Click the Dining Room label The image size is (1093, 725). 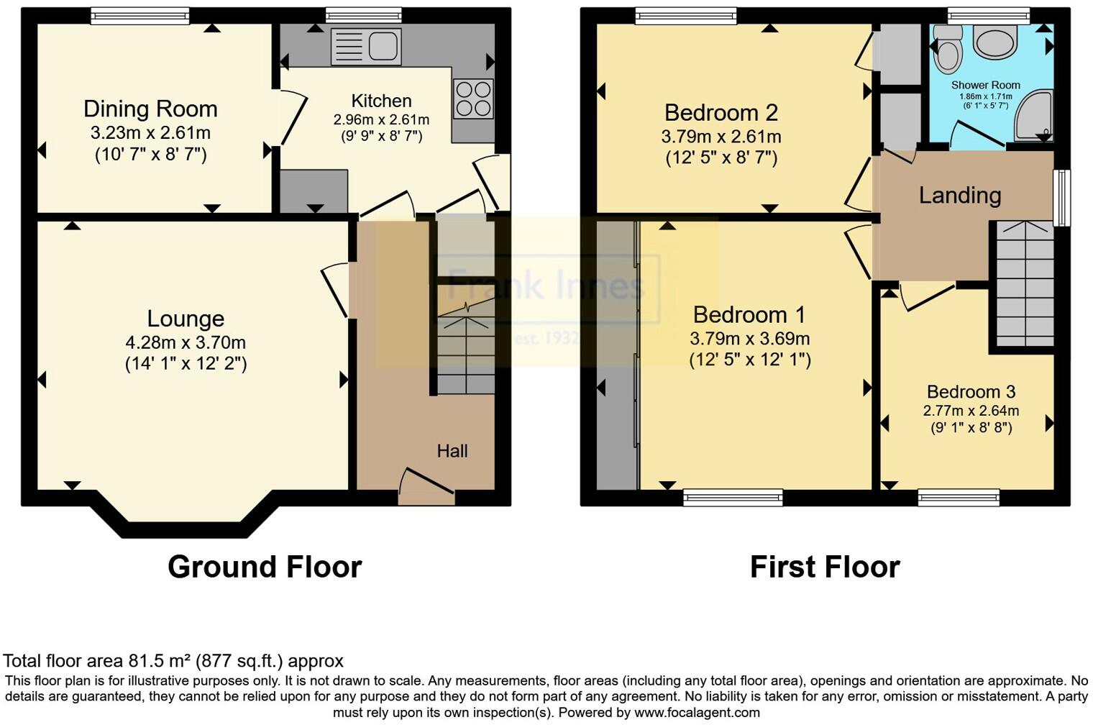point(150,109)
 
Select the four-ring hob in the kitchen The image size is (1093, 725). point(473,99)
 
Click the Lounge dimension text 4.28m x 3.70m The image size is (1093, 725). point(186,342)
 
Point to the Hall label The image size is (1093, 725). point(452,451)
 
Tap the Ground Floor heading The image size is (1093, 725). point(265,567)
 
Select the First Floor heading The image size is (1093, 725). point(825,567)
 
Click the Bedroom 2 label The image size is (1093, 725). point(721,113)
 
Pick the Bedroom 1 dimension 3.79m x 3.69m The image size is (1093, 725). point(749,338)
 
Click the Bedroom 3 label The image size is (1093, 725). point(971,392)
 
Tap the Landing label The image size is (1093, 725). point(960,195)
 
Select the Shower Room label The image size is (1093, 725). point(985,85)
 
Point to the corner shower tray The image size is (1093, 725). point(1035,117)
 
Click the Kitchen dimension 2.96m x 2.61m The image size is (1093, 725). point(381,119)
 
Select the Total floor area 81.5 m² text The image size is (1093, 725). point(173,661)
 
